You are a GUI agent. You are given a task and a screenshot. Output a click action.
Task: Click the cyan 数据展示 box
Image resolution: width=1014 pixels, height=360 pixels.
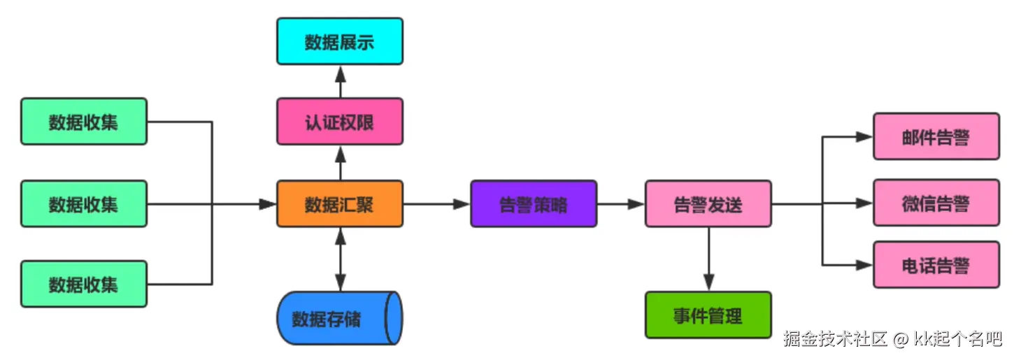[340, 42]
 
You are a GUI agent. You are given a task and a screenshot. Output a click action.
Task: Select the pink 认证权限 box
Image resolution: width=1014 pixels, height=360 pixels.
[340, 122]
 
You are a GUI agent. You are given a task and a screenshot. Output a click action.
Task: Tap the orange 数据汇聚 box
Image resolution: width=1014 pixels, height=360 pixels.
[340, 204]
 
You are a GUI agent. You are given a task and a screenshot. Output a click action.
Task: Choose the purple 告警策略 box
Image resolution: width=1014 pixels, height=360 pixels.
[534, 204]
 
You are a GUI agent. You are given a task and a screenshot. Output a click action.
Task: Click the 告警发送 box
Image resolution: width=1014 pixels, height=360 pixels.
[708, 204]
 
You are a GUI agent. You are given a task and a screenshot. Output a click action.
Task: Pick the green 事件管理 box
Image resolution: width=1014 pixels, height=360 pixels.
[708, 315]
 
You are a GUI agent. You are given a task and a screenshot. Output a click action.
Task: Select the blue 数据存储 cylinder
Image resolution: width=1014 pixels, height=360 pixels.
[340, 319]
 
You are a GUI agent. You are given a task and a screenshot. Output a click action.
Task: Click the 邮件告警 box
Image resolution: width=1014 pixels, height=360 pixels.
[936, 137]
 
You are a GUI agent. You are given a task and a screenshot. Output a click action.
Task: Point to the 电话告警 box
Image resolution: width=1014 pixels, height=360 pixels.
[936, 265]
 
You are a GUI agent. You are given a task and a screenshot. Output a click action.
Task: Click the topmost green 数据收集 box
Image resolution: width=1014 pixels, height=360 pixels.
[84, 122]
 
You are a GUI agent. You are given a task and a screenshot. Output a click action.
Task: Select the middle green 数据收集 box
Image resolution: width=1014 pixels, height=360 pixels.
[84, 204]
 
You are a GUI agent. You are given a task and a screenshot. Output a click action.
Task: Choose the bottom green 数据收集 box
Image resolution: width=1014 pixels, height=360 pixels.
[84, 284]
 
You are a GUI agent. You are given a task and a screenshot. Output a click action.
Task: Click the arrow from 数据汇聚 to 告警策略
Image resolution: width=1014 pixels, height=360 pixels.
[436, 204]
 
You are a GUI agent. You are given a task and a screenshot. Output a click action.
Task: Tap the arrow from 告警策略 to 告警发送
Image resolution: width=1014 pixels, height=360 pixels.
[621, 204]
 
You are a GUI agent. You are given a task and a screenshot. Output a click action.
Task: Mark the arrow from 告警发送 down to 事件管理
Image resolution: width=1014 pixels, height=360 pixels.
[708, 259]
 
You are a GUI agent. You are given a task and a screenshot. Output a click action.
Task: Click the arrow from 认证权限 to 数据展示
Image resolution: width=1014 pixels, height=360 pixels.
[341, 81]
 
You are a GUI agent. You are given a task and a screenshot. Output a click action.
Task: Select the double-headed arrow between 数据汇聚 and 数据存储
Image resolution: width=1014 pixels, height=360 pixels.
[341, 259]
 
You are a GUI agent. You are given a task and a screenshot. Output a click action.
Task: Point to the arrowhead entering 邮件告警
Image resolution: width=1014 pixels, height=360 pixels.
[865, 137]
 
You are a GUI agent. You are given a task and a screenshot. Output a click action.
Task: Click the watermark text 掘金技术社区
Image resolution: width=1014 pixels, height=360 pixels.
[835, 340]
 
